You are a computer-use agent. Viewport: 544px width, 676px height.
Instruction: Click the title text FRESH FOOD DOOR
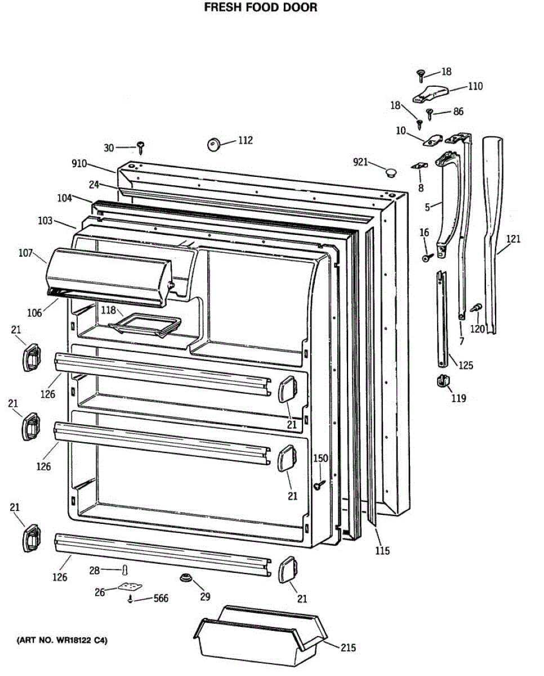coord(260,7)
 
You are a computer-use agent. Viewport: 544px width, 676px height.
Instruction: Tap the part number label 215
coord(348,648)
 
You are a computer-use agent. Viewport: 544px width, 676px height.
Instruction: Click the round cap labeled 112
coord(213,144)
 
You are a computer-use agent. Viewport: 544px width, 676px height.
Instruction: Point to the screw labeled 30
coord(141,148)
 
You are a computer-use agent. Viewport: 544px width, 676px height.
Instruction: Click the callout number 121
coord(512,239)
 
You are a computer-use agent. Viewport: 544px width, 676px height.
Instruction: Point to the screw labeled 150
coord(320,484)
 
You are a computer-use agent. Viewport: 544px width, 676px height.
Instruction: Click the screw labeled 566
coord(131,599)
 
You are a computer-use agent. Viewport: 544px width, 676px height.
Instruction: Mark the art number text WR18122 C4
coord(62,641)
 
